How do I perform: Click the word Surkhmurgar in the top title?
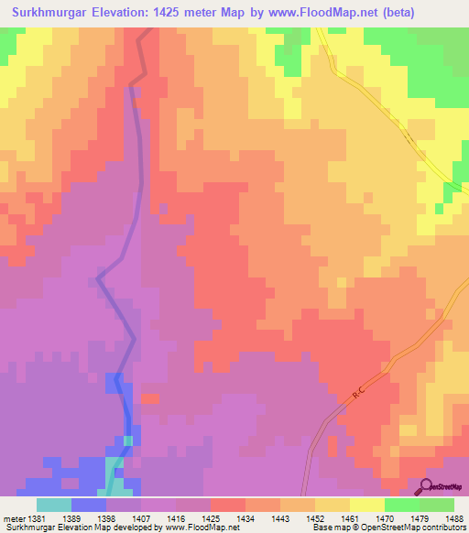coord(54,13)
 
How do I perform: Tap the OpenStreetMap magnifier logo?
coord(428,487)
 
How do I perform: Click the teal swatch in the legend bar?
coord(53,505)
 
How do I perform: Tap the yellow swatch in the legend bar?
coord(366,505)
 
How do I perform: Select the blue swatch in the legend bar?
coord(88,505)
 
